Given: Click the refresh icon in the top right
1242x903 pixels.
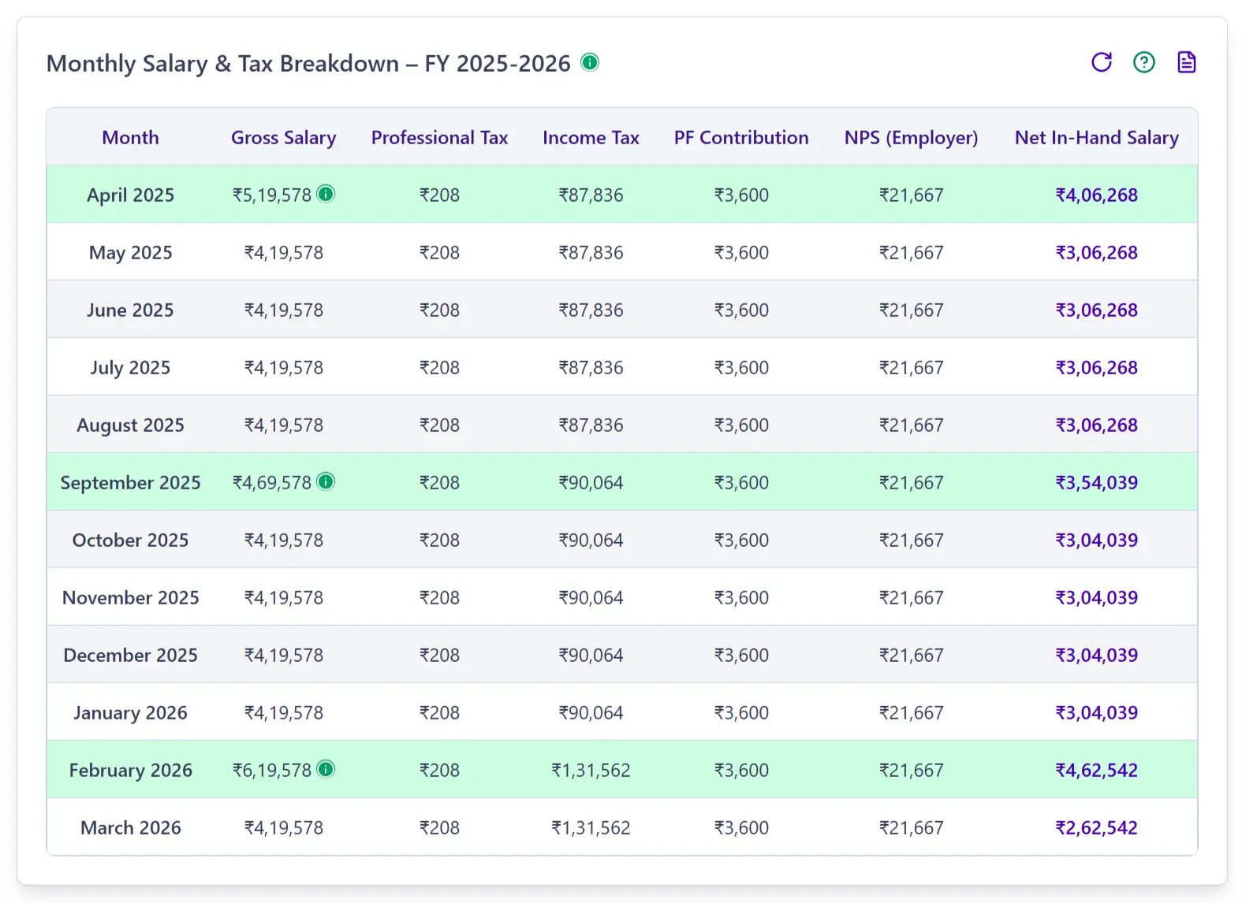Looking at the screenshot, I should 1102,62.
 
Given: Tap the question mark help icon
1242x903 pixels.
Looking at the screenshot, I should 1143,62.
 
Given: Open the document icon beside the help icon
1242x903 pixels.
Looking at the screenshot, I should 1186,62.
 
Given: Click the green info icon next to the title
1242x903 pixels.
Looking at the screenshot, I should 590,62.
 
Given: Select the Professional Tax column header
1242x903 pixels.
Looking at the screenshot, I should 439,138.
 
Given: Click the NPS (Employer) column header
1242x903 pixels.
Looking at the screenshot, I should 911,138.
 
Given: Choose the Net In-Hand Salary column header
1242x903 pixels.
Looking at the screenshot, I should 1096,138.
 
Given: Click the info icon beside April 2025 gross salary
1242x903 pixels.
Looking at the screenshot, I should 326,194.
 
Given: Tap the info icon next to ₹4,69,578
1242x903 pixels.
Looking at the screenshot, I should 326,481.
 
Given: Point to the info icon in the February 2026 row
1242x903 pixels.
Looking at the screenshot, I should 326,769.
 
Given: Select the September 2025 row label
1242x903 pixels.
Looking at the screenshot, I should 130,483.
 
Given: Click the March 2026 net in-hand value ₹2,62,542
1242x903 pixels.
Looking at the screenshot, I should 1096,828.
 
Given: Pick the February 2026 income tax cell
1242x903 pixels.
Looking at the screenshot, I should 591,771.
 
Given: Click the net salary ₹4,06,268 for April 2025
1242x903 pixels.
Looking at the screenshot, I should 1096,195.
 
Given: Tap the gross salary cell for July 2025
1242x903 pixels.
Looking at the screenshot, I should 283,368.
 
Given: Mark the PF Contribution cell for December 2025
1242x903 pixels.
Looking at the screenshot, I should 741,656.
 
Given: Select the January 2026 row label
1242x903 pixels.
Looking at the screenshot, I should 130,713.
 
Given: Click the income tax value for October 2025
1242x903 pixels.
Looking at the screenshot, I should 591,541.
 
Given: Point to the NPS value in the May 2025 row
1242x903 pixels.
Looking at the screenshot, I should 911,253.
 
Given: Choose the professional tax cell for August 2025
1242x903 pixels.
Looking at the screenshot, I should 439,425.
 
